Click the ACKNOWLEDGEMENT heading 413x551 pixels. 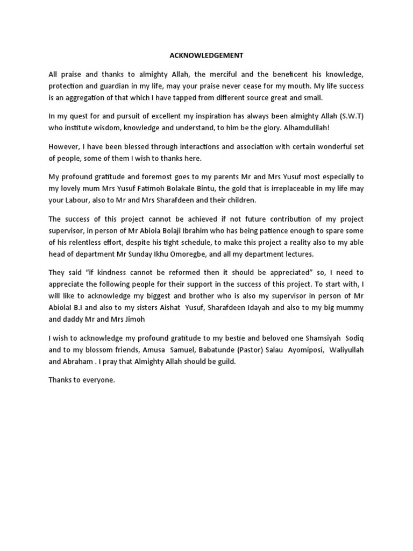(x=206, y=55)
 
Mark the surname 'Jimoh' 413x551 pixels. (x=134, y=319)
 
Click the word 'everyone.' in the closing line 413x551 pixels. (x=99, y=380)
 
